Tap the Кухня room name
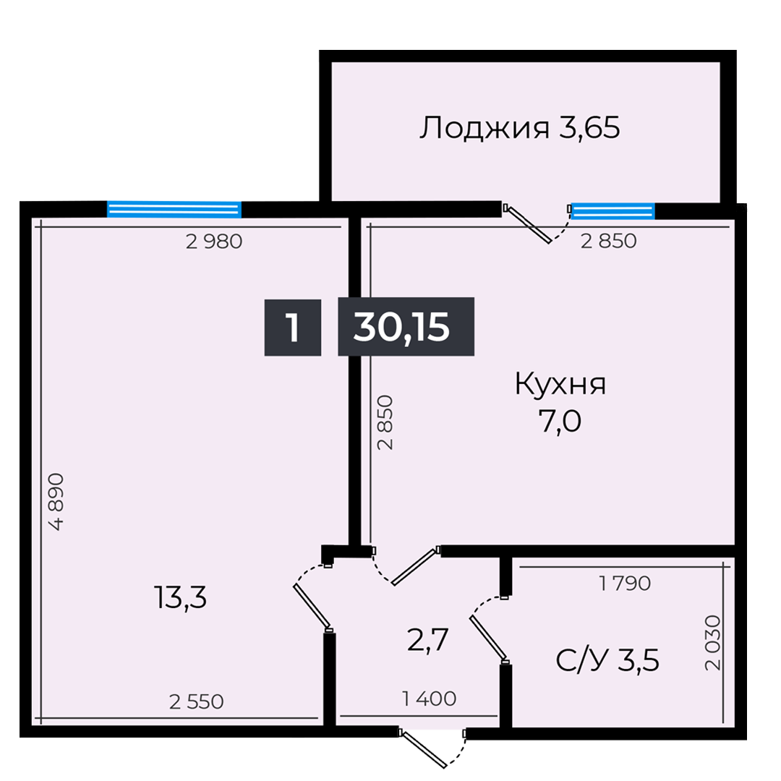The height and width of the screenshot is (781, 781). [x=560, y=384]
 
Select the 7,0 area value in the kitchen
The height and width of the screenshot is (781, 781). [x=559, y=419]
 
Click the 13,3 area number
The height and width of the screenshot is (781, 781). [x=180, y=597]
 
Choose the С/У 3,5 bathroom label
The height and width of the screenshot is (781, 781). [x=607, y=660]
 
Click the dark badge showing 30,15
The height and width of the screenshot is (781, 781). [x=406, y=327]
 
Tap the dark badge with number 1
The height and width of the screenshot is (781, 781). [x=292, y=327]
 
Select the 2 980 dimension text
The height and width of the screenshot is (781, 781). [x=213, y=242]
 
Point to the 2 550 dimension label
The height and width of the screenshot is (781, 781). [x=196, y=701]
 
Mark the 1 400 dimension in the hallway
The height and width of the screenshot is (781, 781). [x=429, y=699]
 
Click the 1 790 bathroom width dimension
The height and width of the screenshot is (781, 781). [x=625, y=583]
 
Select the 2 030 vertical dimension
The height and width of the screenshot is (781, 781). [x=714, y=643]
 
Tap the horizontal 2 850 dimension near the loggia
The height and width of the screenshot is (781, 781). [x=609, y=242]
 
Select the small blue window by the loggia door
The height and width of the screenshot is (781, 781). [x=613, y=210]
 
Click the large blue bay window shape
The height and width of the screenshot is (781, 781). [x=174, y=145]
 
